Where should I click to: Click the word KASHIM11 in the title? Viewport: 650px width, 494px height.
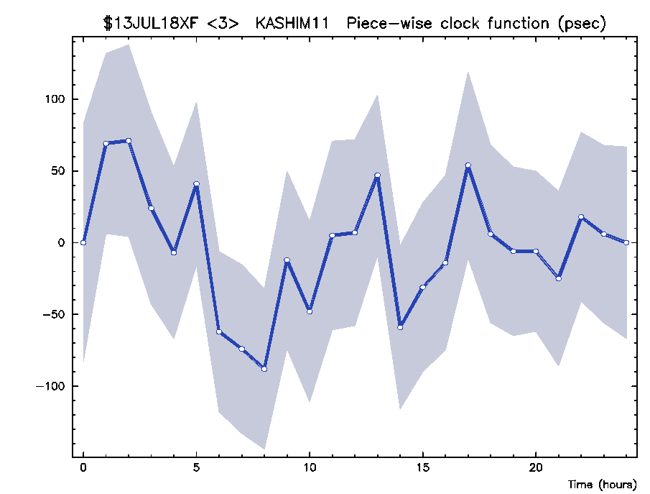(x=292, y=23)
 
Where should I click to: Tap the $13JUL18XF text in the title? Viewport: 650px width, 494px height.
(x=151, y=23)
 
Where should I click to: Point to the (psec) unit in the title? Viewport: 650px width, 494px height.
(x=582, y=24)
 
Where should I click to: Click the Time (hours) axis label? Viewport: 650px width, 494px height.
(x=602, y=484)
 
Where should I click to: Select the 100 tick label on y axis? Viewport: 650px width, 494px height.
(x=55, y=99)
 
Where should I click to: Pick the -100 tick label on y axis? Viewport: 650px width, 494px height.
(x=50, y=386)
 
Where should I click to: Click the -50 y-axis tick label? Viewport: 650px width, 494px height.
(x=54, y=314)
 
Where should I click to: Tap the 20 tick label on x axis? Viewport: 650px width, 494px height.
(x=536, y=468)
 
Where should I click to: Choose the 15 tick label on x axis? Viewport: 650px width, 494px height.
(x=422, y=468)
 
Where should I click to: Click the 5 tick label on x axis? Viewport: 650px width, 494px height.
(x=196, y=468)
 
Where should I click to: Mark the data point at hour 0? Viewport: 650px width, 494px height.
(x=83, y=242)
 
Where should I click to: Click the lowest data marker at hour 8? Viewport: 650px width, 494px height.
(x=264, y=369)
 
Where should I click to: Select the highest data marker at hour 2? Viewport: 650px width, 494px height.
(x=129, y=141)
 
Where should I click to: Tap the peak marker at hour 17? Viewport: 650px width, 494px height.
(x=468, y=165)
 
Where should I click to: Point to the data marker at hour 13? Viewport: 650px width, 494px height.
(x=377, y=175)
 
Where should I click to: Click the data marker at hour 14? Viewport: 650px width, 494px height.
(x=400, y=327)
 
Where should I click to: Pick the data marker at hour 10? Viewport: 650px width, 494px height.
(x=310, y=312)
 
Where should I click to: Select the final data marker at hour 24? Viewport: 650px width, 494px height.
(x=626, y=242)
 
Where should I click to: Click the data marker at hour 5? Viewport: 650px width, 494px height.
(x=197, y=184)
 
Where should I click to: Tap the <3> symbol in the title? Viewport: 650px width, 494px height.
(x=223, y=24)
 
